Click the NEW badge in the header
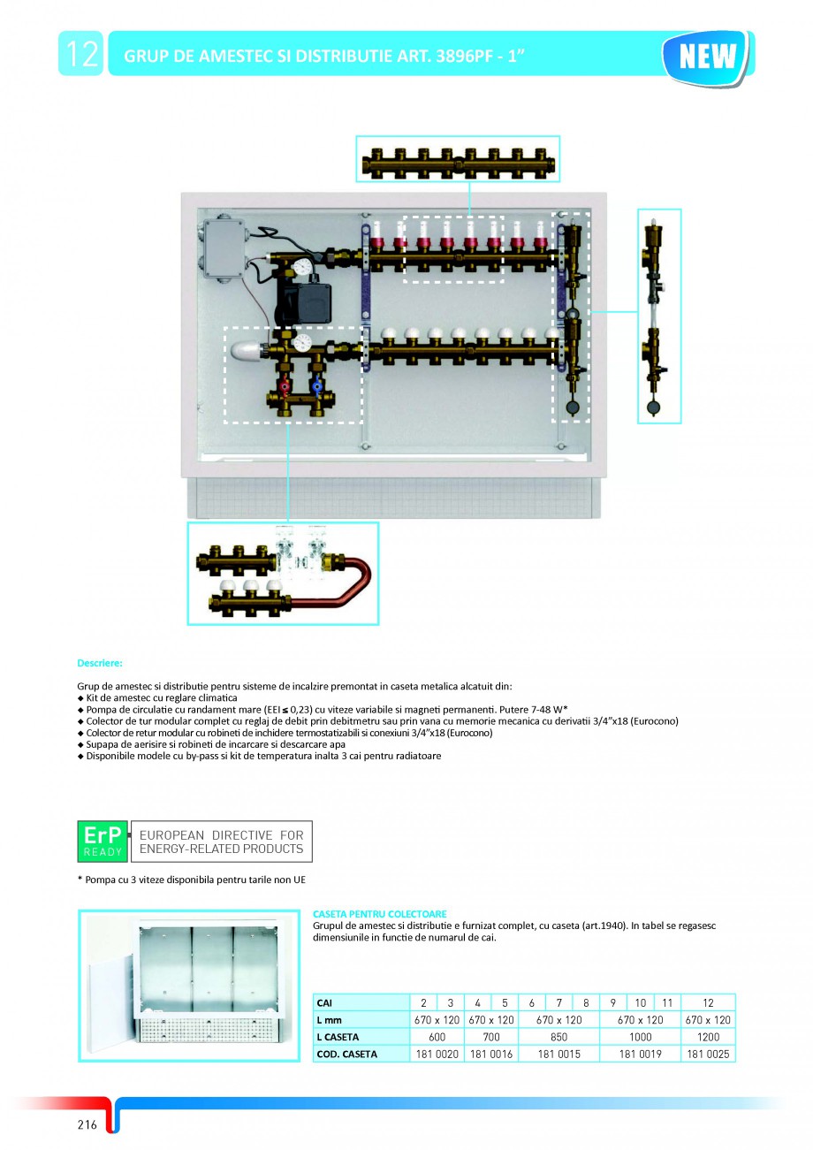point(707,55)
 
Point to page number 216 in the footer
point(87,1124)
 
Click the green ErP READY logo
point(103,841)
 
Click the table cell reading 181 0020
point(437,1054)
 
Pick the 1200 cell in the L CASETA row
point(708,1037)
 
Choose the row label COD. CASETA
point(347,1054)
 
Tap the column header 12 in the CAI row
point(708,1002)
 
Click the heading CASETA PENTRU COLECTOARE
point(380,913)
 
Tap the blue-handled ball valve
point(315,386)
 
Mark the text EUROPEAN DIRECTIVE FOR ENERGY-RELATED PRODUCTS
point(221,842)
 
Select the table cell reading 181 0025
point(708,1054)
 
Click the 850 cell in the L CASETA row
point(558,1037)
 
